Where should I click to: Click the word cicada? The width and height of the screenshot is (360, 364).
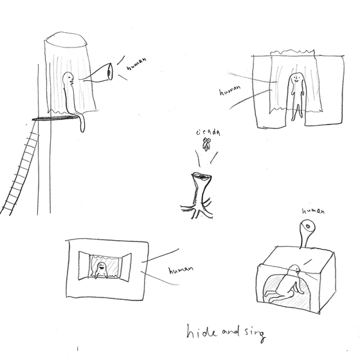pyautogui.click(x=208, y=132)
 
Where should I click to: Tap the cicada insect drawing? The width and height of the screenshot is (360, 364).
pyautogui.click(x=206, y=144)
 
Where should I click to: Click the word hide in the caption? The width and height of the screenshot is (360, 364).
pyautogui.click(x=201, y=331)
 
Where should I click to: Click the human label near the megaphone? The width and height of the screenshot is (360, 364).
pyautogui.click(x=137, y=64)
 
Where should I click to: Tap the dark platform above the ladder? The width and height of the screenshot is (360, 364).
pyautogui.click(x=56, y=118)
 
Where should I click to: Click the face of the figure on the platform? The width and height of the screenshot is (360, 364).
pyautogui.click(x=71, y=78)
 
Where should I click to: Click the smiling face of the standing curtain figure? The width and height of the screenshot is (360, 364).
pyautogui.click(x=296, y=78)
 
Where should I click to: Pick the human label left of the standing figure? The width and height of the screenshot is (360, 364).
pyautogui.click(x=230, y=91)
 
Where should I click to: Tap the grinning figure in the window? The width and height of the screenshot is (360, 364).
pyautogui.click(x=101, y=270)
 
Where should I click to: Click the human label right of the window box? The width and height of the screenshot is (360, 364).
pyautogui.click(x=181, y=270)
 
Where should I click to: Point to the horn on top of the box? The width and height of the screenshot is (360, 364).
pyautogui.click(x=306, y=233)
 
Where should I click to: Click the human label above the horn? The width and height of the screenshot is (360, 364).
pyautogui.click(x=313, y=211)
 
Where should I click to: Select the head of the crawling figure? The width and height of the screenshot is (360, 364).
pyautogui.click(x=295, y=268)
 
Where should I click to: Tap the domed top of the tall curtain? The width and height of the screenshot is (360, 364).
pyautogui.click(x=66, y=39)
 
